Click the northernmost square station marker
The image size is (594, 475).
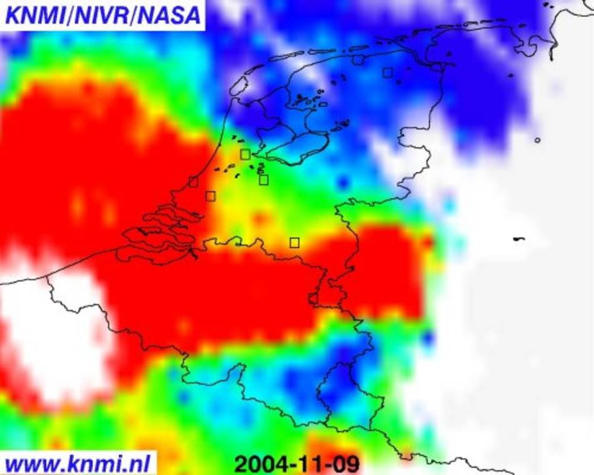[x=358, y=59]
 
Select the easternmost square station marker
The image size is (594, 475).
[x=388, y=72]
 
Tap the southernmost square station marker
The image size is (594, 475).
[x=294, y=242]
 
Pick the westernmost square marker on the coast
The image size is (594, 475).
[x=193, y=182]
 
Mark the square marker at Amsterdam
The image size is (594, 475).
[x=245, y=154]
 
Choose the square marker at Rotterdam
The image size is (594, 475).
[x=211, y=196]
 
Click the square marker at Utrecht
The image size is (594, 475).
[x=264, y=180]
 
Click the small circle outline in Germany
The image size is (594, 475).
[x=537, y=140]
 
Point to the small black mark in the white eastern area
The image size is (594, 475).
[x=518, y=239]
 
